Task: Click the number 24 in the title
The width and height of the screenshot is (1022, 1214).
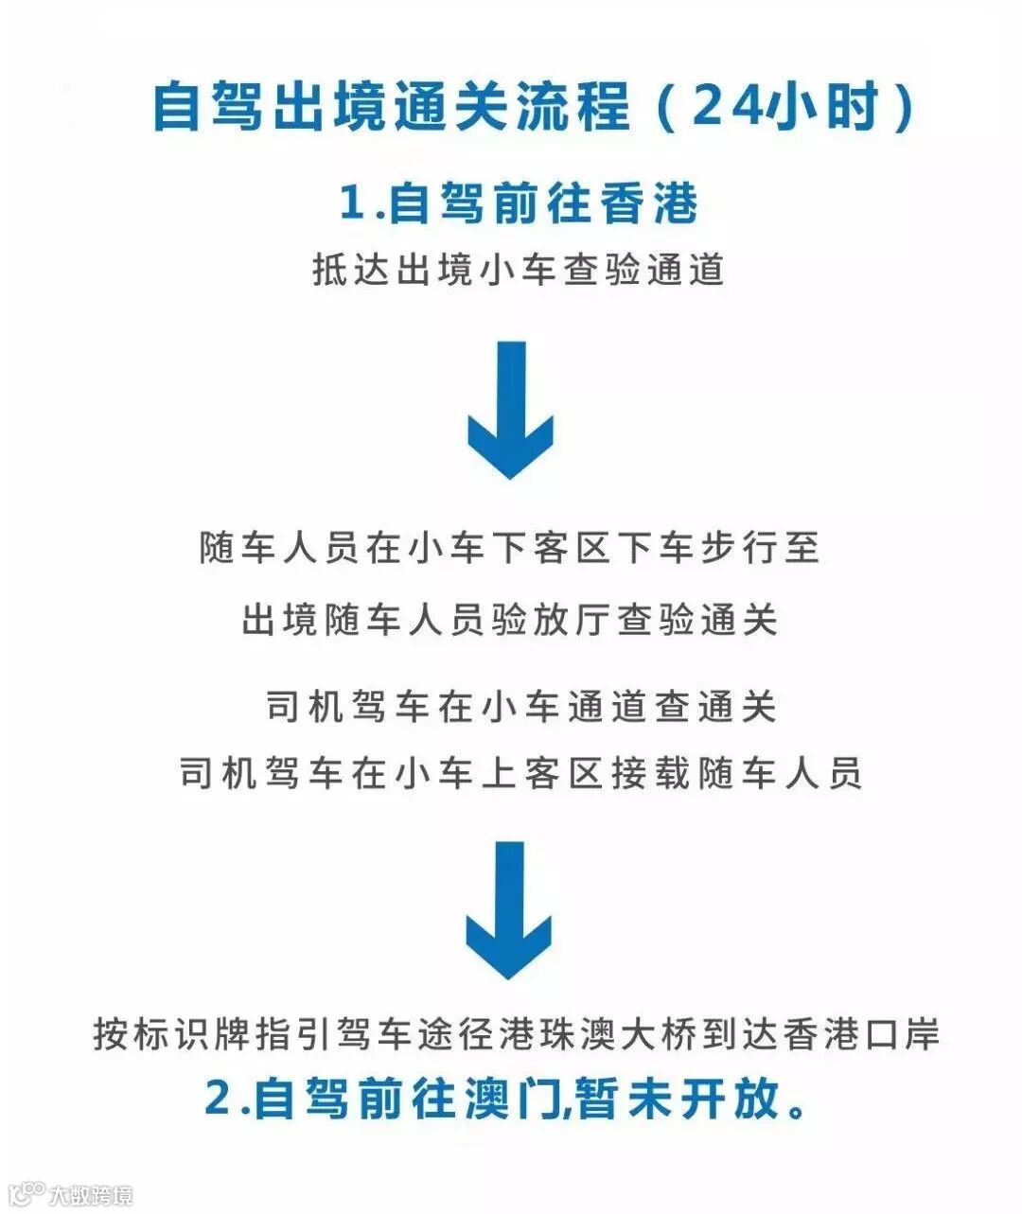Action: click(x=727, y=106)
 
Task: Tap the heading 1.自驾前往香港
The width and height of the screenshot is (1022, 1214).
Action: click(x=519, y=203)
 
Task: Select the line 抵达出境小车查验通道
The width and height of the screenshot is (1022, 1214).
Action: click(x=519, y=270)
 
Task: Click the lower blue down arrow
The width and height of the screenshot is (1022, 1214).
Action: click(x=509, y=909)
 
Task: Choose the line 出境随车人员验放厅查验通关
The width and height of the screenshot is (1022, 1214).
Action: click(x=510, y=621)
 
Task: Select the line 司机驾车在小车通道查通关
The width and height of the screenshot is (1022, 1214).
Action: click(x=520, y=707)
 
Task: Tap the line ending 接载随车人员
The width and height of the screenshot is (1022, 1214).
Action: click(x=520, y=773)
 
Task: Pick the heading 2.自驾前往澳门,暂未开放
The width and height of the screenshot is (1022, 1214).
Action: click(x=506, y=1099)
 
